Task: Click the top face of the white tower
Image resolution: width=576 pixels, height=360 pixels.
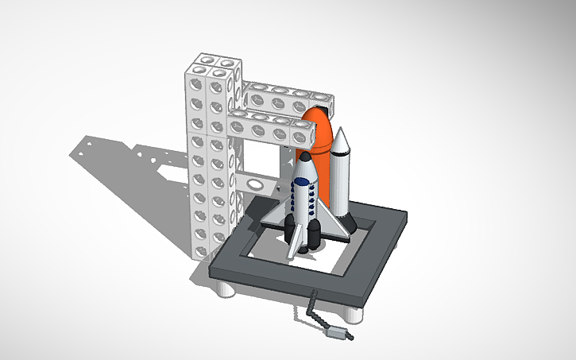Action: pos(213,62)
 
